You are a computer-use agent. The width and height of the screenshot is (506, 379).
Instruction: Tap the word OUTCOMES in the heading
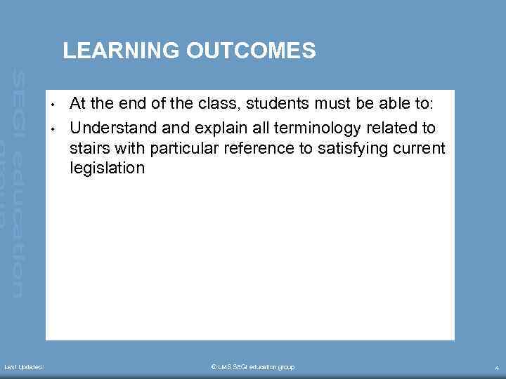(252, 51)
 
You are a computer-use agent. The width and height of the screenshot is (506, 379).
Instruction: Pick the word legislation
(107, 168)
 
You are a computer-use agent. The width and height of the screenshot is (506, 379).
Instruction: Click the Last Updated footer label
(24, 367)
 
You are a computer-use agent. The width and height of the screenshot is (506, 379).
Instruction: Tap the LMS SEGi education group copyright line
(252, 367)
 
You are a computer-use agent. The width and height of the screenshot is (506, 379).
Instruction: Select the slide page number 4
(496, 368)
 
